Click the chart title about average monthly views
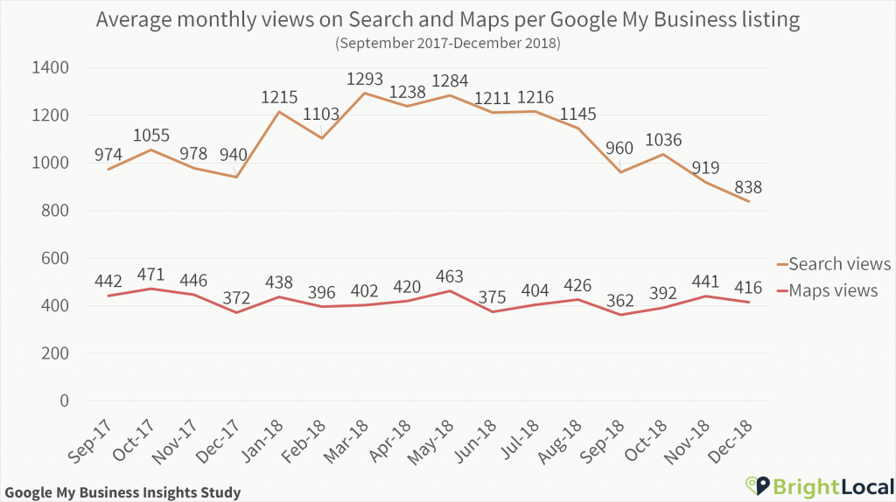tap(447, 19)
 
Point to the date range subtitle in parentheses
tap(447, 41)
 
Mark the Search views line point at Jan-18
tap(279, 112)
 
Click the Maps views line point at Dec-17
tap(236, 312)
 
